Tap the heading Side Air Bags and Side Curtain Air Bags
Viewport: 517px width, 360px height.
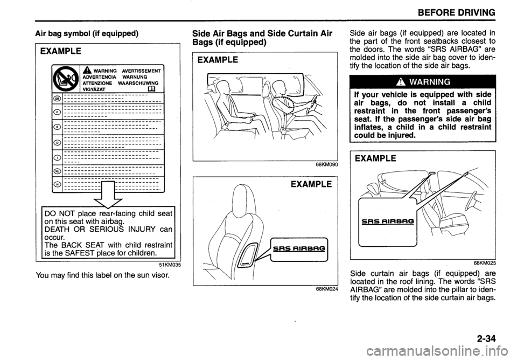click(x=261, y=38)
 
